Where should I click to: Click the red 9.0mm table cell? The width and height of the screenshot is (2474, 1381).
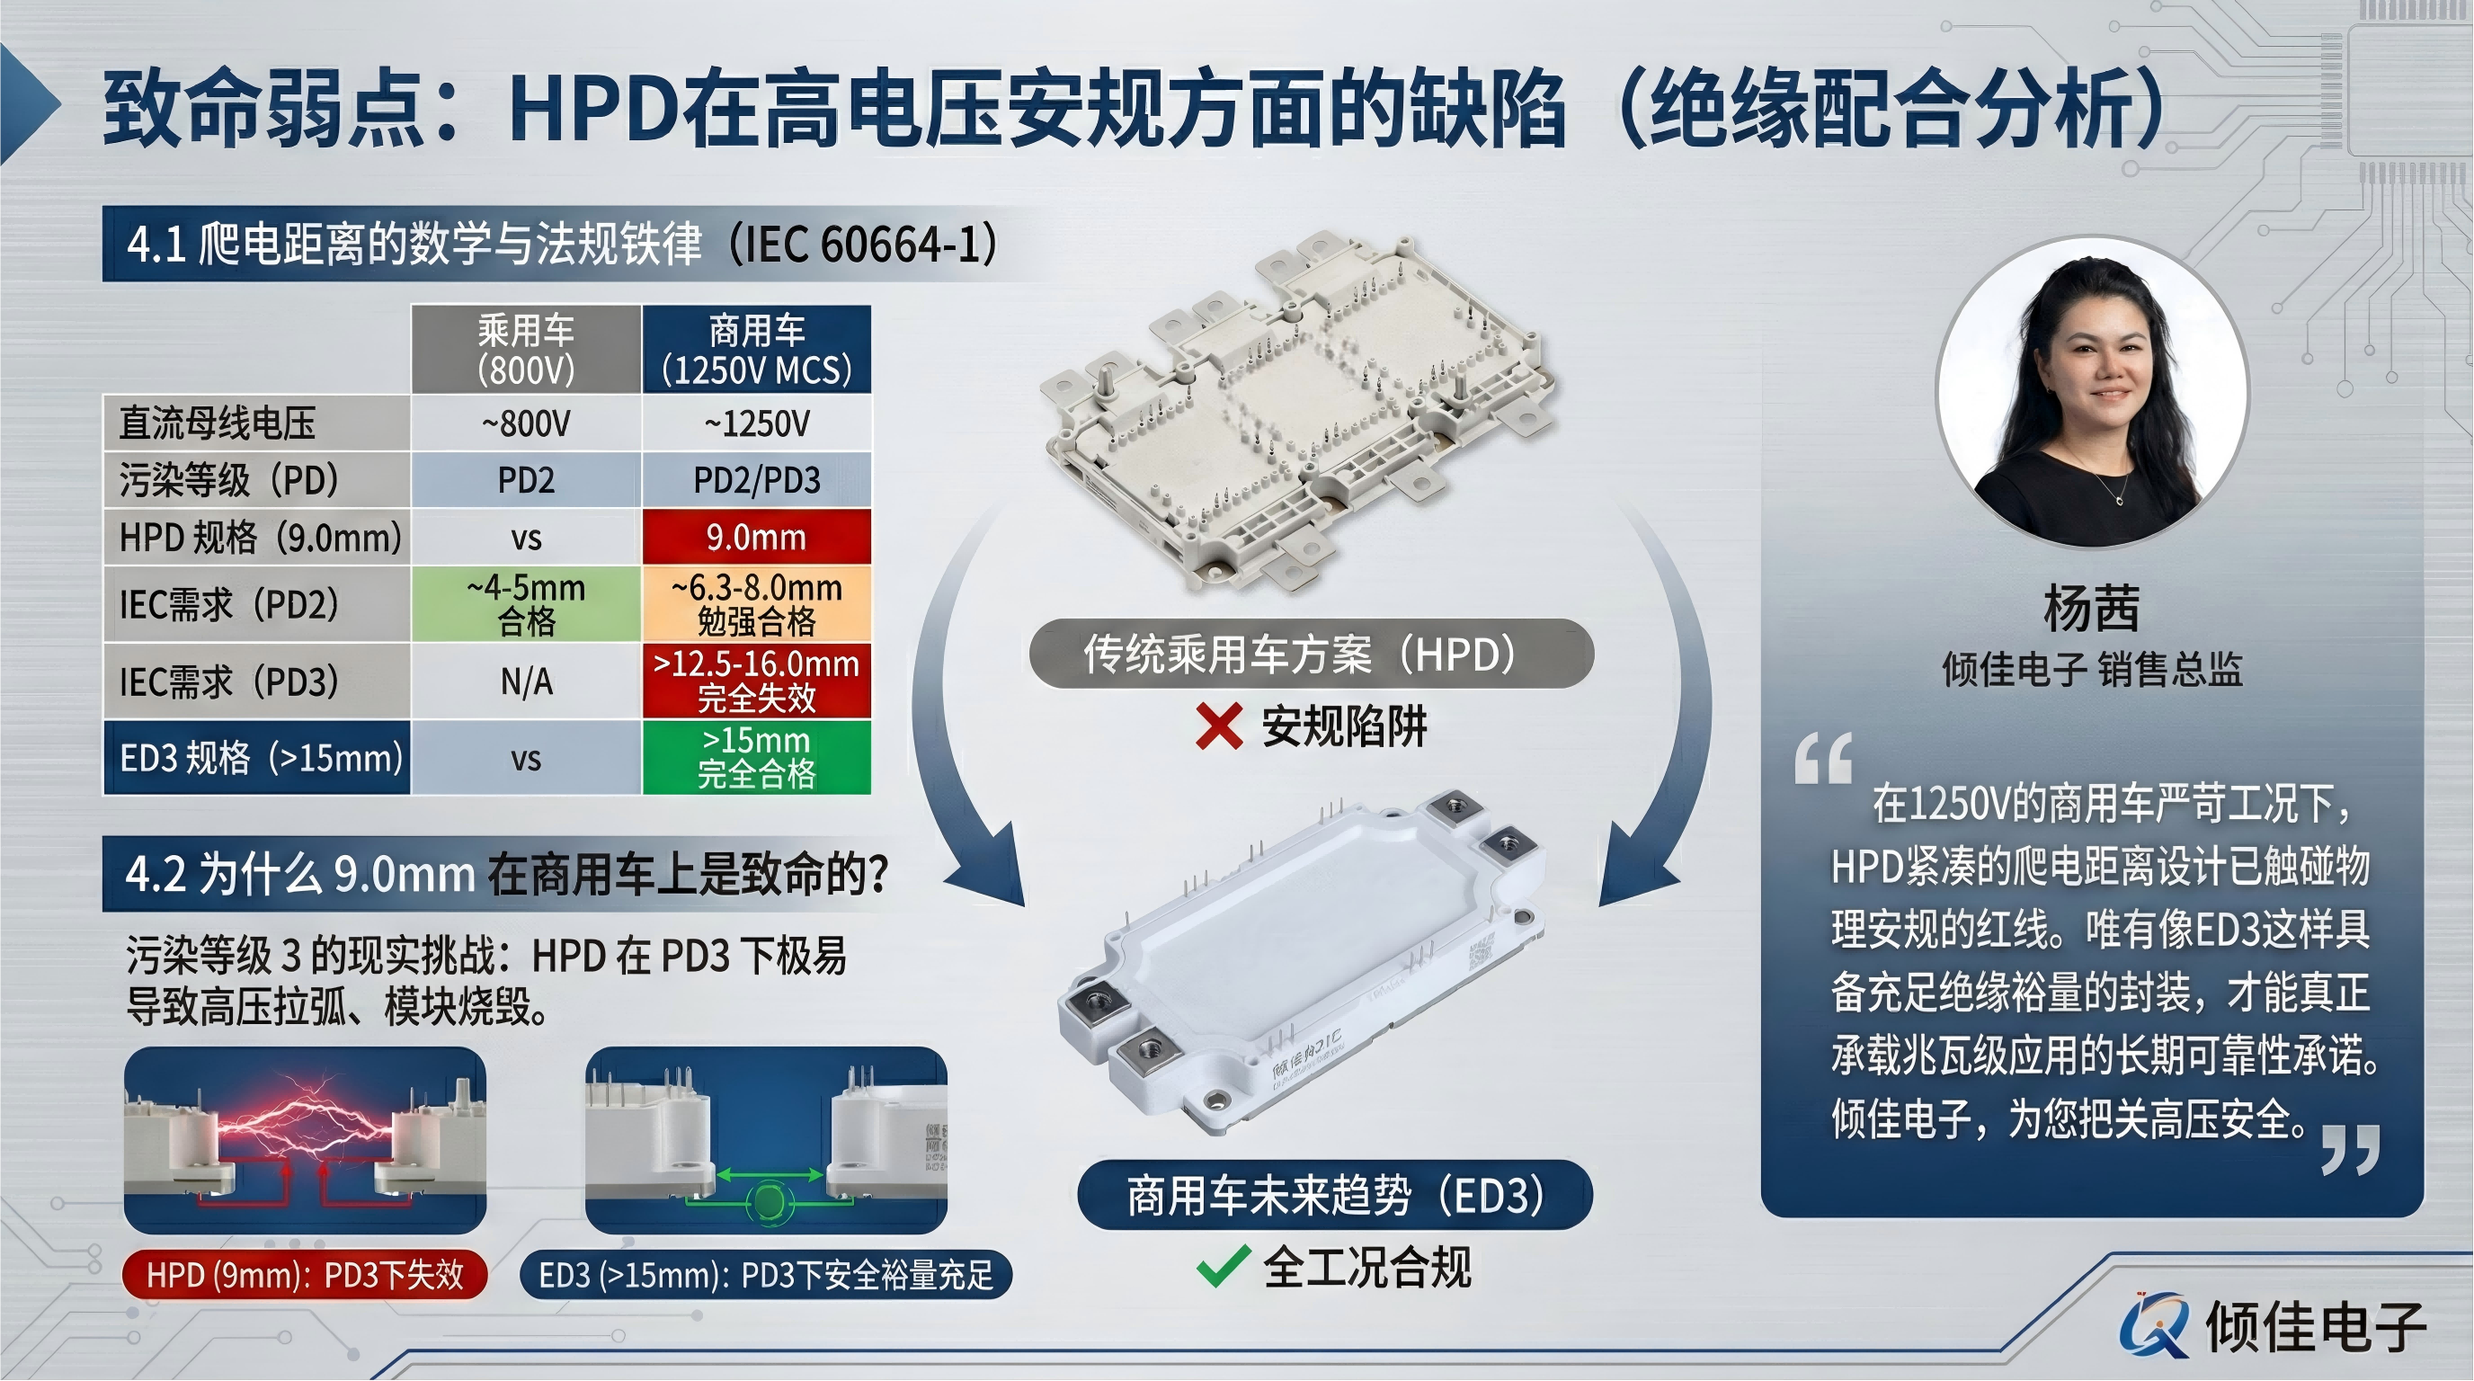coord(756,537)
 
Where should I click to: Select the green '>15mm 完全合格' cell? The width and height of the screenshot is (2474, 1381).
coord(756,758)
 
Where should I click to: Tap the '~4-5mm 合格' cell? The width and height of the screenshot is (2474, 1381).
coord(525,604)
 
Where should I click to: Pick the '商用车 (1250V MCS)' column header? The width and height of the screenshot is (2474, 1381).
coord(756,350)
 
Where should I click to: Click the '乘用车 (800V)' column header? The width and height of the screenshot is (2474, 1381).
coord(525,350)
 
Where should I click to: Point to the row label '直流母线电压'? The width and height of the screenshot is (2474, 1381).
coord(218,423)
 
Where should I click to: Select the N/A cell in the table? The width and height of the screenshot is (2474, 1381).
coord(525,682)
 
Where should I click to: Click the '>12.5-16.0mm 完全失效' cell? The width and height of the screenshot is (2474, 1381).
coord(756,681)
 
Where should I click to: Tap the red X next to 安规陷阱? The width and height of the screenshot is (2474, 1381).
coord(1219,726)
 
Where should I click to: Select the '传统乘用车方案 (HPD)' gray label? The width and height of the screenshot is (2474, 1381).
coord(1311,654)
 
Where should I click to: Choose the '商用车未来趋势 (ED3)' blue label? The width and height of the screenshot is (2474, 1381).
coord(1334,1196)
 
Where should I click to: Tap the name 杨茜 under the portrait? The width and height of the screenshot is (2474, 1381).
coord(2091,608)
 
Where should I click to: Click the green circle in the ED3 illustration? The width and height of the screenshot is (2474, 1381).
coord(768,1201)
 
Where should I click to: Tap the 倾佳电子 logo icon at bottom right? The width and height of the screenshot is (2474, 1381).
coord(2154,1326)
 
